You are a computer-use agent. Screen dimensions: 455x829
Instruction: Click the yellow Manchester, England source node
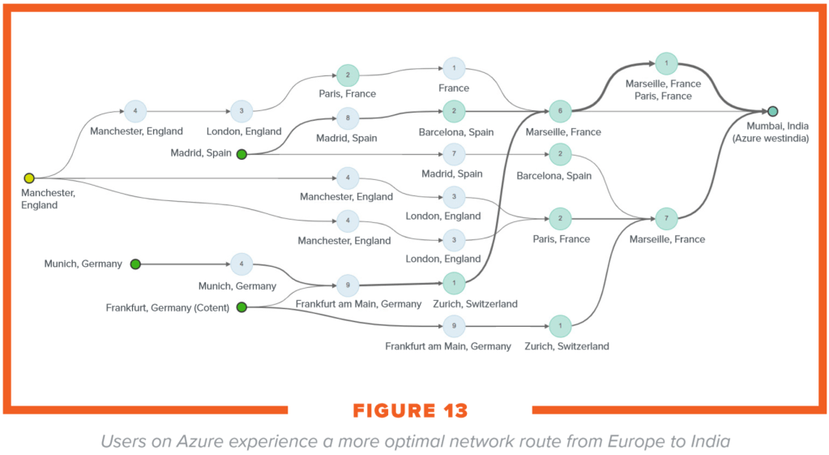tap(29, 178)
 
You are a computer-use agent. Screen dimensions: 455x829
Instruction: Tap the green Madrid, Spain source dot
tap(241, 153)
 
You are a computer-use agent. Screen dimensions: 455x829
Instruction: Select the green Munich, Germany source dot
tap(135, 264)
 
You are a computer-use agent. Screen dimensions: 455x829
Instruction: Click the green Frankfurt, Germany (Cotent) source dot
tap(241, 307)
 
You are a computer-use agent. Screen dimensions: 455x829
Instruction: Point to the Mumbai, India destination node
tap(773, 111)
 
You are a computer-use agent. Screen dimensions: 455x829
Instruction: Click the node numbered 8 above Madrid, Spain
tap(347, 118)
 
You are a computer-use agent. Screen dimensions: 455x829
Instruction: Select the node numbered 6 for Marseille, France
tap(560, 111)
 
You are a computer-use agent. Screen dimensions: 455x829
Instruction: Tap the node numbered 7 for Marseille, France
tap(666, 219)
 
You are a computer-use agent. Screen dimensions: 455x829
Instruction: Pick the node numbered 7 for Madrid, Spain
tap(454, 153)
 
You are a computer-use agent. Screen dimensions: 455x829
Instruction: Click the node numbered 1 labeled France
tap(454, 69)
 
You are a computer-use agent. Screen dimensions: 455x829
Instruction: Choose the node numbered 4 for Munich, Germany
tap(241, 264)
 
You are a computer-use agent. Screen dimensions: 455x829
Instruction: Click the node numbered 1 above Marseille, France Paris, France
tap(666, 63)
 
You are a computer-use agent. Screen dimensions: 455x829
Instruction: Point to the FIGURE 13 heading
tap(410, 410)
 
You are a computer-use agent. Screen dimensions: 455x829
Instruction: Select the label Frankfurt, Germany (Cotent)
tap(168, 307)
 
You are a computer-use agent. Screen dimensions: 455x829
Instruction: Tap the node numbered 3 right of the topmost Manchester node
tap(241, 111)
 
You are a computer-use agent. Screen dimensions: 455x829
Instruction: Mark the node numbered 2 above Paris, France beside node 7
tap(560, 219)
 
